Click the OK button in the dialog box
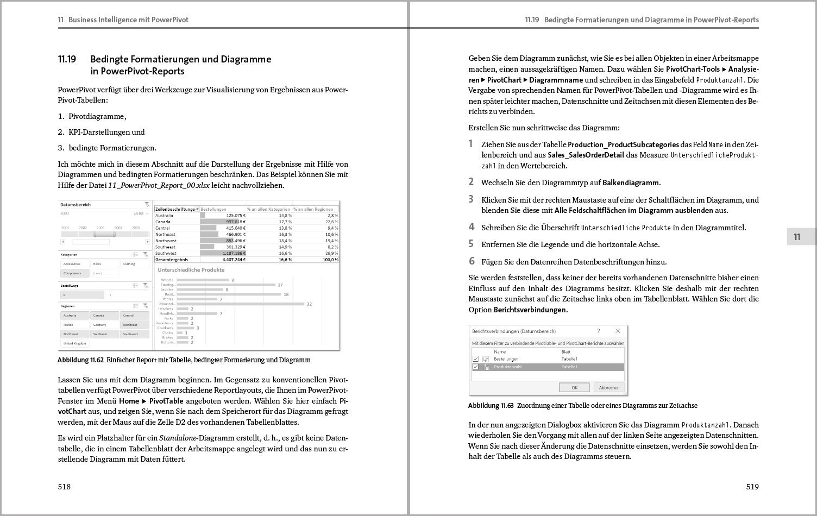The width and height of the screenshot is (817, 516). (x=574, y=387)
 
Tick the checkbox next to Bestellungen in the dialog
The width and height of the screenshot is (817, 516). (x=476, y=359)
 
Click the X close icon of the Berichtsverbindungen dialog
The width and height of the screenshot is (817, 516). (x=618, y=331)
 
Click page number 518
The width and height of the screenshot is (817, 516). (x=65, y=487)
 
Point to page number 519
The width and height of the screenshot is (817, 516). (x=752, y=487)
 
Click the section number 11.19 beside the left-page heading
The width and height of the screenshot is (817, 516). (x=67, y=59)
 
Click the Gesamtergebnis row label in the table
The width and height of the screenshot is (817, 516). (x=172, y=260)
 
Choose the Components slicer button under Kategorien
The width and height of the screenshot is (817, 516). (x=73, y=273)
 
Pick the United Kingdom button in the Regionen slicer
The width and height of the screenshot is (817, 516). (x=75, y=343)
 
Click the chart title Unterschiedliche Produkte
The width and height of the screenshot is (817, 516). (x=191, y=269)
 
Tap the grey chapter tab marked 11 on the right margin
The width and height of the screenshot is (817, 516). (x=797, y=237)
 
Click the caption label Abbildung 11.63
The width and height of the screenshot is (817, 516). (x=491, y=406)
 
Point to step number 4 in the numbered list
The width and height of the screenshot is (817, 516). (x=472, y=227)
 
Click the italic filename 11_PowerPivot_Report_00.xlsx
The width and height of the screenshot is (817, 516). (x=159, y=185)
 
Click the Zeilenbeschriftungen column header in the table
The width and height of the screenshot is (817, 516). (x=175, y=209)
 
